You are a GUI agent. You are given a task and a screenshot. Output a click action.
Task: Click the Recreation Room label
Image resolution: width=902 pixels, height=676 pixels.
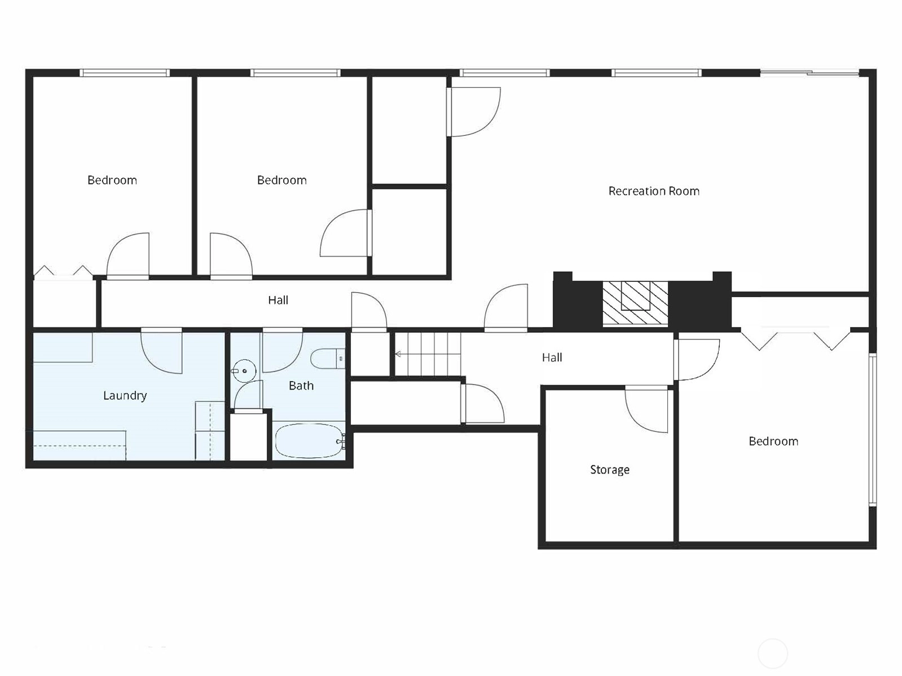click(654, 191)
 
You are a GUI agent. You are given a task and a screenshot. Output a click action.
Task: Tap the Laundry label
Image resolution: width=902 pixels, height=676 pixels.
click(125, 395)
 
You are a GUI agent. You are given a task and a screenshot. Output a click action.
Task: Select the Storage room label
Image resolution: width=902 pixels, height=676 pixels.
click(610, 470)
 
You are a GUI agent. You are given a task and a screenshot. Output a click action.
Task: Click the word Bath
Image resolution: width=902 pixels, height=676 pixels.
click(301, 386)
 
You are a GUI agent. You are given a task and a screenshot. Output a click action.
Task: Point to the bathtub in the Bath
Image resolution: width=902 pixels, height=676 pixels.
click(310, 441)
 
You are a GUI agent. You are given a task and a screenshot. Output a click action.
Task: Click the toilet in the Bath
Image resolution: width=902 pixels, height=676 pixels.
click(328, 359)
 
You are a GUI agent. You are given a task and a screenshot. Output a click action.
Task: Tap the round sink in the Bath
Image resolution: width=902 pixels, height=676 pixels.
click(244, 371)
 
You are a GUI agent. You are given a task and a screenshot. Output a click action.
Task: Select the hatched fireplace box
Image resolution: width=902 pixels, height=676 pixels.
click(635, 303)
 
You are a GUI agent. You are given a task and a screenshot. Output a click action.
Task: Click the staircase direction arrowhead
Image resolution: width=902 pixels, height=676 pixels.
click(398, 354)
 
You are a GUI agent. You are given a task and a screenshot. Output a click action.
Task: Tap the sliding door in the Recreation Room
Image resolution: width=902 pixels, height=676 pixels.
click(809, 73)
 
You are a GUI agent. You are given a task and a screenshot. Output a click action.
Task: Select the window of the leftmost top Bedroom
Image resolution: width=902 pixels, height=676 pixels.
click(125, 73)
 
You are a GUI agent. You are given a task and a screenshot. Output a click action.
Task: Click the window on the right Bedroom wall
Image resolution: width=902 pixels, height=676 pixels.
click(873, 430)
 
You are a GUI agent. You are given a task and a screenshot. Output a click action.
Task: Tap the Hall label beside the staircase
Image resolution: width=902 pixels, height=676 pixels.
click(552, 357)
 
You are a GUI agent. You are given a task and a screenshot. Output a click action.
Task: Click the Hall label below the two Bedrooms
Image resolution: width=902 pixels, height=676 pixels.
click(278, 300)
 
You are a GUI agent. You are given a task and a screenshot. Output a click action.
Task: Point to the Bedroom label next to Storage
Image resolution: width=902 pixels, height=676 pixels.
click(773, 441)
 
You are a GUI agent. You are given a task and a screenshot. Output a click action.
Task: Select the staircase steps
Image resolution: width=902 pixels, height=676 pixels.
click(428, 354)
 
